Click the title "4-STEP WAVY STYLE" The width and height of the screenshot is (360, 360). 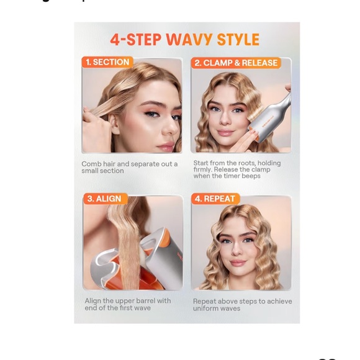185,40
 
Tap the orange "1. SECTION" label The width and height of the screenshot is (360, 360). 107,62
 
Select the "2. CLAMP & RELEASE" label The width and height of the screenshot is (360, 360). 236,63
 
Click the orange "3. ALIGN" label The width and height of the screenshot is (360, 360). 104,199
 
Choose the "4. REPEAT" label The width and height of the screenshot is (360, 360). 215,199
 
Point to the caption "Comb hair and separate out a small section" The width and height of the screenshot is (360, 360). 129,168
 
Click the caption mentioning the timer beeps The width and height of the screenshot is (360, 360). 236,169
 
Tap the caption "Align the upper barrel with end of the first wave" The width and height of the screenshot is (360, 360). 128,304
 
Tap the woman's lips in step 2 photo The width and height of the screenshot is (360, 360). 225,132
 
